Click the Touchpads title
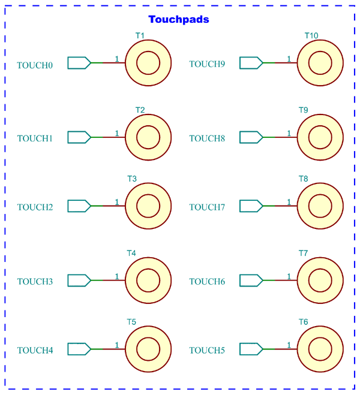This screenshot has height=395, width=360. pyautogui.click(x=179, y=19)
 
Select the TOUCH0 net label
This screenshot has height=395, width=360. pyautogui.click(x=35, y=65)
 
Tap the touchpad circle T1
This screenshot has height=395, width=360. pyautogui.click(x=148, y=63)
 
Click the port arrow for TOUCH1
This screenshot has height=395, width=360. pyautogui.click(x=79, y=137)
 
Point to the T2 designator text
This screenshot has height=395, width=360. pyautogui.click(x=140, y=110)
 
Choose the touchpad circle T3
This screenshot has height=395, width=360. pyautogui.click(x=148, y=206)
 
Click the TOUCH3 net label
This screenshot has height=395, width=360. pyautogui.click(x=35, y=281)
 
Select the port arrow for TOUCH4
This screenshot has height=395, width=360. pyautogui.click(x=79, y=349)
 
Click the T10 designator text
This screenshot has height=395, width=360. pyautogui.click(x=311, y=35)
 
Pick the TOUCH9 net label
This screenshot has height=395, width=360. pyautogui.click(x=207, y=65)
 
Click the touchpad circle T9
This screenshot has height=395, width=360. pyautogui.click(x=320, y=137)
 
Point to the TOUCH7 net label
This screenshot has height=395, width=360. pyautogui.click(x=207, y=207)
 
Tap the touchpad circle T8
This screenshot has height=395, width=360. pyautogui.click(x=320, y=206)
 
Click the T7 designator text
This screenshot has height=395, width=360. pyautogui.click(x=304, y=253)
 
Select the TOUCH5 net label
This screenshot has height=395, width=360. pyautogui.click(x=207, y=350)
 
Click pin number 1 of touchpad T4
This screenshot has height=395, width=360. pyautogui.click(x=116, y=276)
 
